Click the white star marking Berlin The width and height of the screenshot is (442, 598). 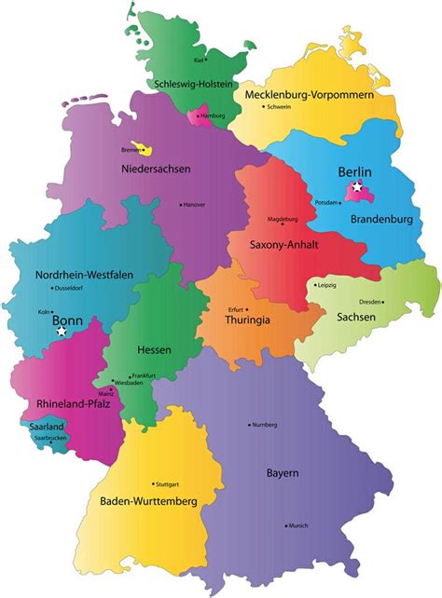click(x=357, y=189)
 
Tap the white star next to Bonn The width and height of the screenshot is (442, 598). click(x=62, y=331)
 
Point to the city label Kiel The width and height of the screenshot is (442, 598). click(x=199, y=60)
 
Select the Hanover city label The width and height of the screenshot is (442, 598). click(x=194, y=204)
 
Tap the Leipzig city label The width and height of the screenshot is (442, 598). click(x=326, y=285)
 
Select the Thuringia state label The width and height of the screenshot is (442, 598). click(x=249, y=319)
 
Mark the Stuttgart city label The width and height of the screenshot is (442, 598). click(x=168, y=484)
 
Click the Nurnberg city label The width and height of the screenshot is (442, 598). click(x=265, y=425)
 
